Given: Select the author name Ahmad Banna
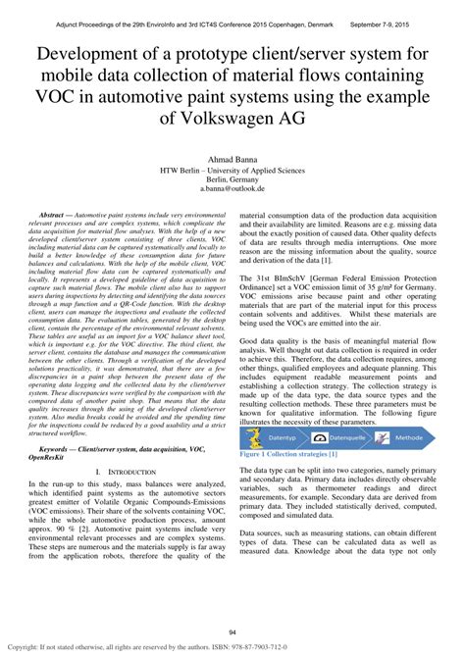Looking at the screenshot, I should pos(232,157).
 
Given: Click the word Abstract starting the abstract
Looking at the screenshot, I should pos(57,213).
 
